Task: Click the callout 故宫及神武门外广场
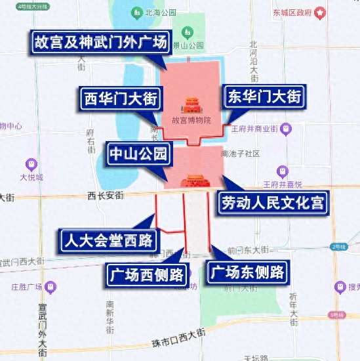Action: tap(101, 44)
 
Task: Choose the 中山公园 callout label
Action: tap(138, 155)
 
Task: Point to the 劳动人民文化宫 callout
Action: tap(272, 202)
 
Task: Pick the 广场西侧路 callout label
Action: tap(145, 274)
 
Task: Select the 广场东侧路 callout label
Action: tap(247, 272)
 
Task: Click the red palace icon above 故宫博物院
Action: tap(191, 105)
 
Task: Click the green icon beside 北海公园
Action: tap(137, 12)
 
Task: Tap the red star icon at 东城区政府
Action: tap(320, 12)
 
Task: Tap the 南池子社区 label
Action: tap(241, 154)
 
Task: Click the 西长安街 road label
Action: tap(106, 195)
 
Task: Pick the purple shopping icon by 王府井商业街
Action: tap(285, 129)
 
